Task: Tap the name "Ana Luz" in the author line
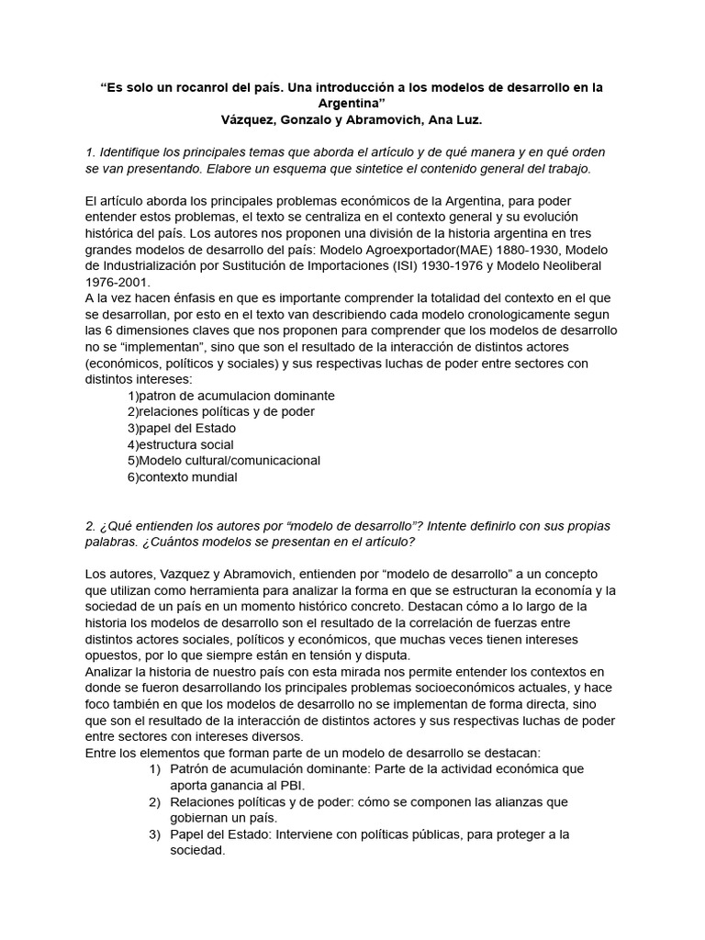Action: [x=455, y=120]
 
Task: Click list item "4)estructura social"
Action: [x=181, y=444]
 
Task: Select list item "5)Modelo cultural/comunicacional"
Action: [x=224, y=461]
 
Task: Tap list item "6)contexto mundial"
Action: [x=183, y=477]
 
